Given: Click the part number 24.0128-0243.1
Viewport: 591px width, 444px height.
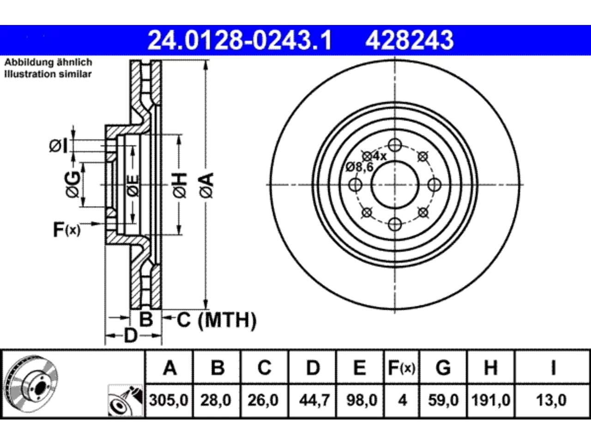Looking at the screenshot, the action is [240, 40].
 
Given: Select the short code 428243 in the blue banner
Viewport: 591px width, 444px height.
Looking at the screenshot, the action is [410, 40].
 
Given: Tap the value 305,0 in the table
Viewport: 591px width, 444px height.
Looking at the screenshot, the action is [169, 400].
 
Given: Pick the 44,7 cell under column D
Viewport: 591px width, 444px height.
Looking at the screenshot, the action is [314, 400].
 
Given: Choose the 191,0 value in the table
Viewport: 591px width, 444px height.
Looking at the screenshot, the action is [491, 400].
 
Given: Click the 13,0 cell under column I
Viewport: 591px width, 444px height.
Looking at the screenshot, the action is [551, 400].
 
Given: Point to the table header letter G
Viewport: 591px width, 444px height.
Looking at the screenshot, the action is [443, 368].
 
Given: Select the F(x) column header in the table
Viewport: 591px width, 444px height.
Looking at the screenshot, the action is [402, 368].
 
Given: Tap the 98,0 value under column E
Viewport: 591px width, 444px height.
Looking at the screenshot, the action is [362, 400].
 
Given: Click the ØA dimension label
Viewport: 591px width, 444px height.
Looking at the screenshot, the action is [206, 185].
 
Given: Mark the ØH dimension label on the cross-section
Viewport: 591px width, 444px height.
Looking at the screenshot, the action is [180, 185].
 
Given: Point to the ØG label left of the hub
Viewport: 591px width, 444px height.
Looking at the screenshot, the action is [72, 185].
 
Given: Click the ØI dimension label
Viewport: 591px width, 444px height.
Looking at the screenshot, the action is [58, 146].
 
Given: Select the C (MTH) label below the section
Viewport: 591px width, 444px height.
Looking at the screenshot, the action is [217, 320].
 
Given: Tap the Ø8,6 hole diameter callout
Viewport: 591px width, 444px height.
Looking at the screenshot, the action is [360, 167].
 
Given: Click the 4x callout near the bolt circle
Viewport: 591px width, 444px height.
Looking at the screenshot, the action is [380, 156].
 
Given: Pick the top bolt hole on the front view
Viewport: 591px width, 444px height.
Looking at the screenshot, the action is [395, 145].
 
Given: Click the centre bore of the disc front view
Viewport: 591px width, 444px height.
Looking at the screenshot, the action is [395, 185].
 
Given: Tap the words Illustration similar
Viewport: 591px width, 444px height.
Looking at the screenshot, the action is [48, 74].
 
